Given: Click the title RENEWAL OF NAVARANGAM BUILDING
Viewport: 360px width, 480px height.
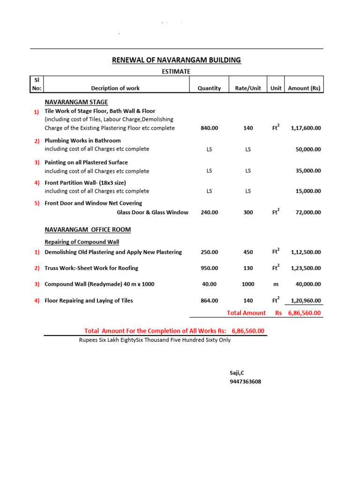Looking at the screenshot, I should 176,60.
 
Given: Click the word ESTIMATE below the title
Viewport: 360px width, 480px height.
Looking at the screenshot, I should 176,71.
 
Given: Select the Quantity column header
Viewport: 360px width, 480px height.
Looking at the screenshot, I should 209,88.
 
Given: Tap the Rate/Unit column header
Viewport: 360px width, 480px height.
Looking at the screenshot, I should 248,88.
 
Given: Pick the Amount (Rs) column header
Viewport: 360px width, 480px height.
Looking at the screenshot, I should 304,88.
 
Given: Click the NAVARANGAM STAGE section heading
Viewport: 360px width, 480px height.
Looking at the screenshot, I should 76,102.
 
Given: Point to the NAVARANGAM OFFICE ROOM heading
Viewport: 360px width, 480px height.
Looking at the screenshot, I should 88,230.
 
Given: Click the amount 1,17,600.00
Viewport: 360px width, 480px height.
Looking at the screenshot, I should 306,128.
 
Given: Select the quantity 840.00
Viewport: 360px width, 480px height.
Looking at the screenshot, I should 209,128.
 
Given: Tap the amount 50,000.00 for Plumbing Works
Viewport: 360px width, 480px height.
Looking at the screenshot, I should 308,149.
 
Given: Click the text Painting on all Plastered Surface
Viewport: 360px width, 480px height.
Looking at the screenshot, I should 86,163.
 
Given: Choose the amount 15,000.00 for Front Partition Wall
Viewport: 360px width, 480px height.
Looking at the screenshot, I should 308,191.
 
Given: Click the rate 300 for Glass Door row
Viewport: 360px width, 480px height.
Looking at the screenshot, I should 248,212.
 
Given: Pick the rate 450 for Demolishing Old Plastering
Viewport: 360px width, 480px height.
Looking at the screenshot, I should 248,252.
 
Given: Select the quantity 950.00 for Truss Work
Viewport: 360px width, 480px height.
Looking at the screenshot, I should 209,268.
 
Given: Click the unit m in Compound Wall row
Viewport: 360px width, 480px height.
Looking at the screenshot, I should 276,284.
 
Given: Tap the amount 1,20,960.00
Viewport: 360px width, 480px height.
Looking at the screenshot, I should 306,300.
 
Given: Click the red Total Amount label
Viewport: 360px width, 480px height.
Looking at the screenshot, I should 246,313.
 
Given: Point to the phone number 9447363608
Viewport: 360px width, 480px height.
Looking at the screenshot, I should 245,382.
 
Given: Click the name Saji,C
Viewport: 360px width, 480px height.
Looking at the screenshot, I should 237,373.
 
